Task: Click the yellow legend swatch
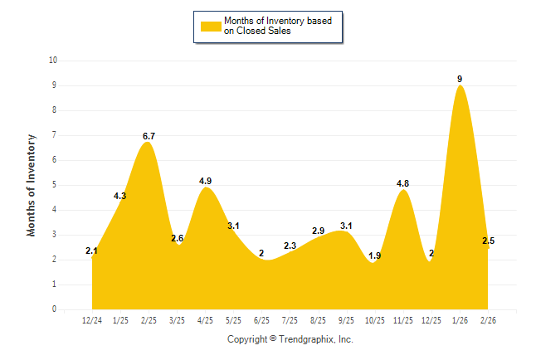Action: point(211,26)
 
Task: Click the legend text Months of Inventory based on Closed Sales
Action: point(278,26)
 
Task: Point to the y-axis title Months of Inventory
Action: point(32,184)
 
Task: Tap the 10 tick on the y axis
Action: point(53,61)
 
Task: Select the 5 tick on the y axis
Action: point(55,185)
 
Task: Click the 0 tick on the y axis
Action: point(55,309)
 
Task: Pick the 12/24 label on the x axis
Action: point(92,319)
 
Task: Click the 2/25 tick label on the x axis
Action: point(149,319)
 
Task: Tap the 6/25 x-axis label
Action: point(261,319)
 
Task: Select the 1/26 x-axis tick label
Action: point(460,319)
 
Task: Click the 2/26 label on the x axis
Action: point(488,319)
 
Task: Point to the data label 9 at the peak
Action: point(460,79)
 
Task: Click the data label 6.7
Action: point(149,136)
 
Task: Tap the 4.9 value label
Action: point(206,181)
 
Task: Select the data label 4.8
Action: point(403,183)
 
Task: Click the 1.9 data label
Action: point(375,255)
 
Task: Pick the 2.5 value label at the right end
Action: point(489,241)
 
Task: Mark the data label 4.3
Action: point(119,196)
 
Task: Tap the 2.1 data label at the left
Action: point(92,251)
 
